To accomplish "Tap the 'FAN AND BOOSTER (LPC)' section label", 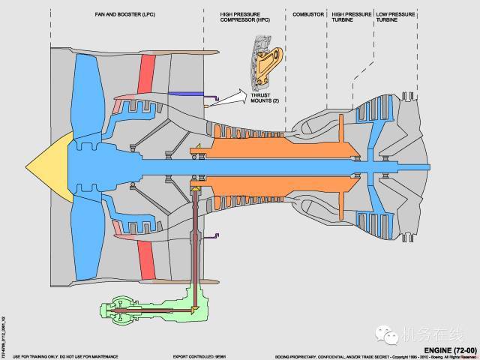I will (120, 13).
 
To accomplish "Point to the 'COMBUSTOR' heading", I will (306, 13).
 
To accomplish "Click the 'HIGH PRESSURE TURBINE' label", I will (350, 16).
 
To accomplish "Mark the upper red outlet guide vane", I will (147, 75).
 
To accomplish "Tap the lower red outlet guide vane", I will (147, 255).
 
